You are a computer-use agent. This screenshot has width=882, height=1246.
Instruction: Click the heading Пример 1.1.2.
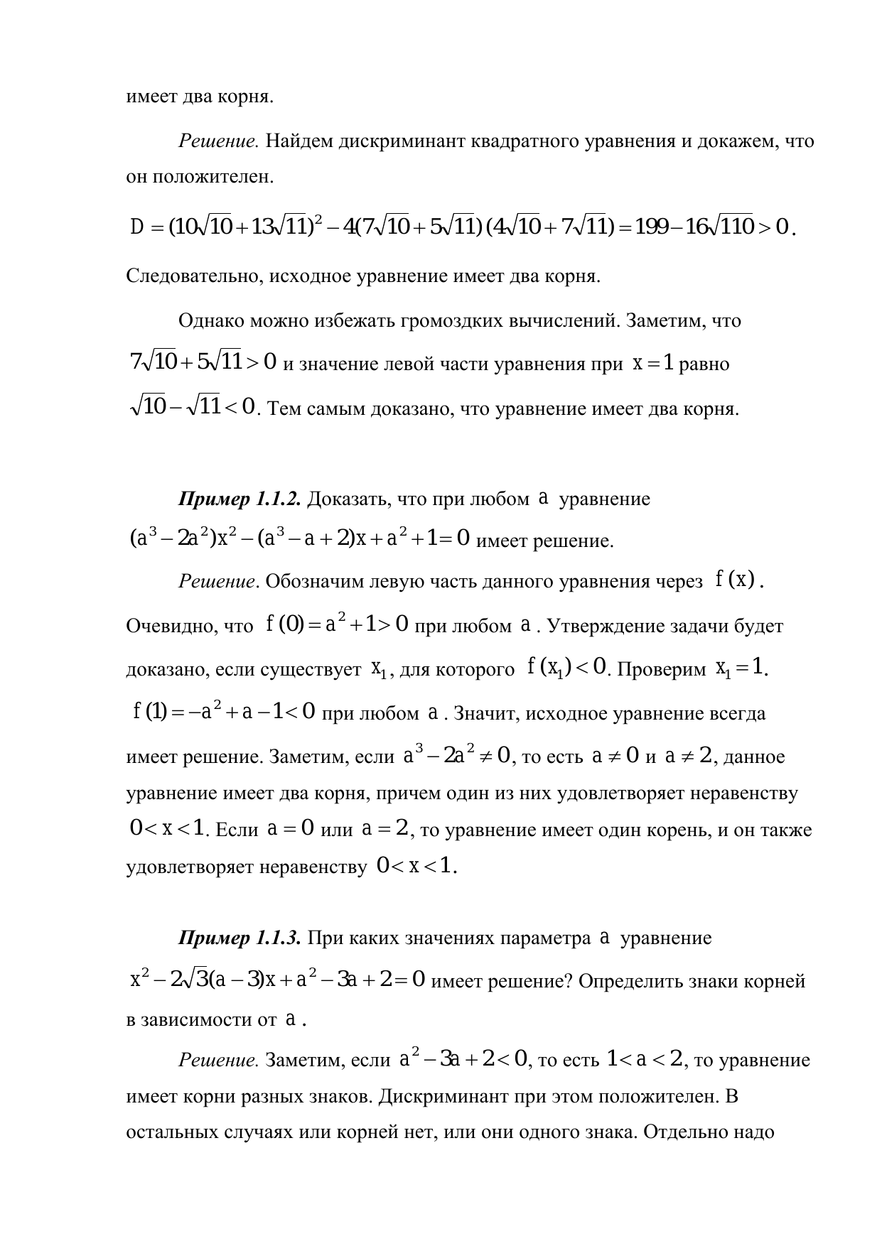pyautogui.click(x=241, y=499)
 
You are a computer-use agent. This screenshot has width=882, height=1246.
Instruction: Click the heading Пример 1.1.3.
pyautogui.click(x=241, y=938)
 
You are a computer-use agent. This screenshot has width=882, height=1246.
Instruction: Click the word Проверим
pyautogui.click(x=662, y=669)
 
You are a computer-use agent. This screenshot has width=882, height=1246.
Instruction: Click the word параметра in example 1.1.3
pyautogui.click(x=545, y=938)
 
